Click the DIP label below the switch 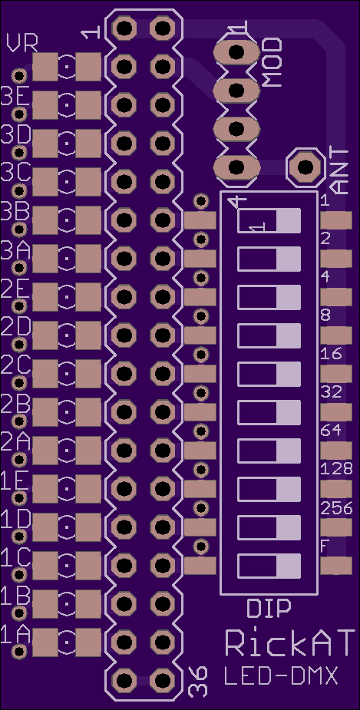(x=269, y=609)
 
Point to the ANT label (x=341, y=172)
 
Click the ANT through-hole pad (x=305, y=167)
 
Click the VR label (x=22, y=44)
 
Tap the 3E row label (x=15, y=97)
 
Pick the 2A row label (x=15, y=442)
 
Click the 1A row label (x=15, y=634)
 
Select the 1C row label (x=15, y=558)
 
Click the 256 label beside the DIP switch (x=336, y=509)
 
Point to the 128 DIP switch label (x=336, y=469)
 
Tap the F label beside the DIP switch (x=324, y=547)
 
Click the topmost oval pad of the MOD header (x=236, y=52)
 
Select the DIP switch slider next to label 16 (x=269, y=374)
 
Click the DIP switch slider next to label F (x=269, y=566)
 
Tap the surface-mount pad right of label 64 (x=336, y=450)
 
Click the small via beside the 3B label (x=19, y=230)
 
